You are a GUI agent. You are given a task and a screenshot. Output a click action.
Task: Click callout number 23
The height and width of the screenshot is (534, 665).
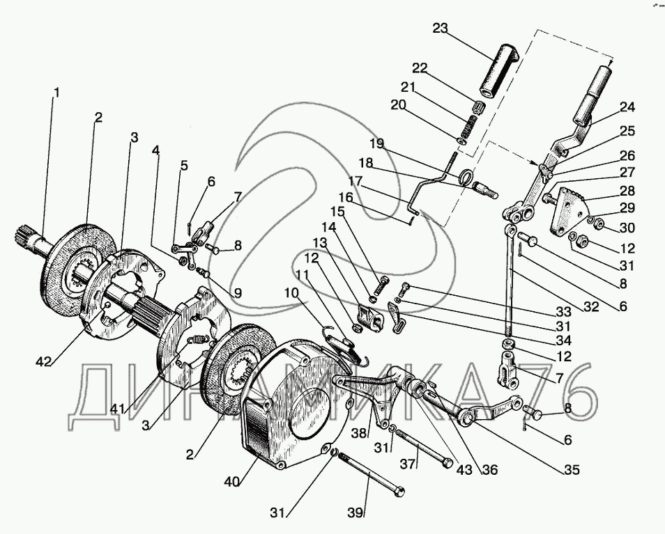441,29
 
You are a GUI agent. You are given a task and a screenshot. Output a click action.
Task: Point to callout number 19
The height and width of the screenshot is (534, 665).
376,144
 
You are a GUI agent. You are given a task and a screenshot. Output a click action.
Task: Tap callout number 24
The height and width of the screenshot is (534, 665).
627,107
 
